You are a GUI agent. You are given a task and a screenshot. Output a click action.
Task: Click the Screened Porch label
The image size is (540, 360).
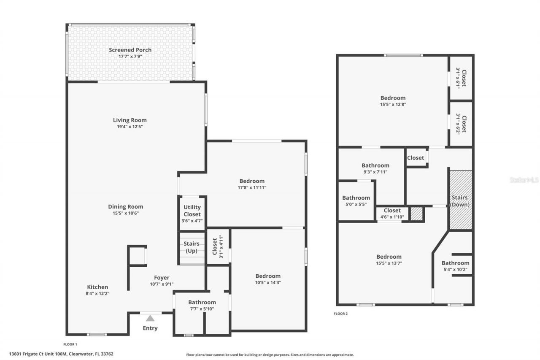pyautogui.click(x=130, y=50)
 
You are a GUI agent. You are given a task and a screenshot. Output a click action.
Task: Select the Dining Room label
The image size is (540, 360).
pyautogui.click(x=126, y=206)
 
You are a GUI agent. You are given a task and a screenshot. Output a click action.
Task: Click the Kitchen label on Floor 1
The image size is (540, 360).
pyautogui.click(x=97, y=287)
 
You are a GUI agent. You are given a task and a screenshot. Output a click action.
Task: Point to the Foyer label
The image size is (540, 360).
pyautogui.click(x=162, y=278)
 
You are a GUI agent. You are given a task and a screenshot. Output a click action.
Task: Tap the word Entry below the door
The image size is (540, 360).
pyautogui.click(x=150, y=328)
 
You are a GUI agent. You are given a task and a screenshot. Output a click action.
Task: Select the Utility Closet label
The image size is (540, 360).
pyautogui.click(x=192, y=211)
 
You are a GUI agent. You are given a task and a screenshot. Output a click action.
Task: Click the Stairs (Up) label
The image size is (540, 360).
pyautogui.click(x=192, y=247)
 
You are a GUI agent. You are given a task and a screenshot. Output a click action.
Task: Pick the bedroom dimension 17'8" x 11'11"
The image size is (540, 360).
pyautogui.click(x=252, y=188)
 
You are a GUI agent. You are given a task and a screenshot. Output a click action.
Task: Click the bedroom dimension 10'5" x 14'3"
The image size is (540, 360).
pyautogui.click(x=268, y=283)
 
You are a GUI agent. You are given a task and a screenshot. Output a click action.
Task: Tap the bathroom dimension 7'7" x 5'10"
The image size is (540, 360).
pyautogui.click(x=202, y=309)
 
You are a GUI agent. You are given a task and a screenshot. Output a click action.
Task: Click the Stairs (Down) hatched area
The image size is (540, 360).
pyautogui.click(x=460, y=200)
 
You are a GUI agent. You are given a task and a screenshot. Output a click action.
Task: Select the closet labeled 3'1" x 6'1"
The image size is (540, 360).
pyautogui.click(x=460, y=78)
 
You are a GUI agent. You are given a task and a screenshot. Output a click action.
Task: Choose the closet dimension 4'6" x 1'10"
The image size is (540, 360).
pyautogui.click(x=392, y=217)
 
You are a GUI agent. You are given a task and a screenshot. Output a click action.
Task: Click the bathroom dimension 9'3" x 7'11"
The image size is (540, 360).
pyautogui.click(x=375, y=172)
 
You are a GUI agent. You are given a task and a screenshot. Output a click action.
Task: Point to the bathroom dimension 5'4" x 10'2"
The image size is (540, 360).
pyautogui.click(x=455, y=270)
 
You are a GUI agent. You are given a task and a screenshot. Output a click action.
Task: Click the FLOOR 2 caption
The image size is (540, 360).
pyautogui.click(x=341, y=314)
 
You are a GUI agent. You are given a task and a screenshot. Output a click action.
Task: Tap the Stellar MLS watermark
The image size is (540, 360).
pyautogui.click(x=524, y=180)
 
